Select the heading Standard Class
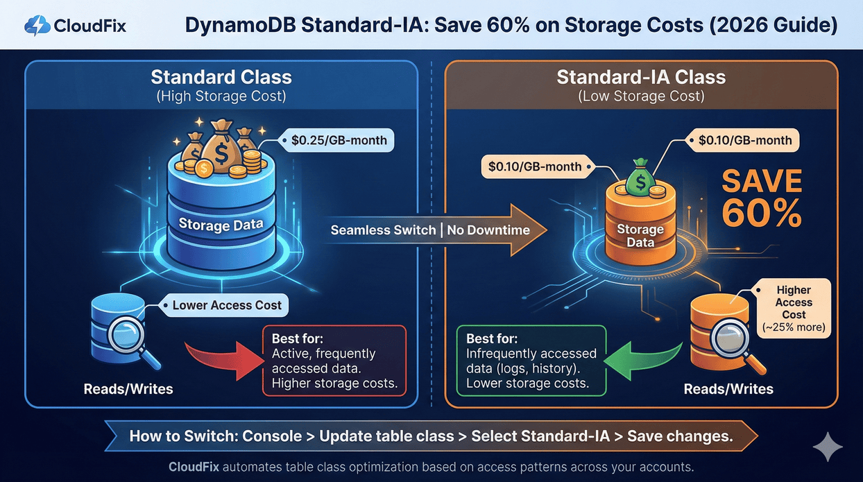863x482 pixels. pyautogui.click(x=221, y=76)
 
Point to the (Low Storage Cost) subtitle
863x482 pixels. pyautogui.click(x=641, y=96)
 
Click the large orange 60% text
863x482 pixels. pyautogui.click(x=762, y=214)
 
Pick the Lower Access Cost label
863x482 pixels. pyautogui.click(x=227, y=304)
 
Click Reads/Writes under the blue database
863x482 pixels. pyautogui.click(x=128, y=388)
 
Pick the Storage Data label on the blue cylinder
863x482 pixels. pyautogui.click(x=221, y=224)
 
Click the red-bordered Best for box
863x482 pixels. pyautogui.click(x=334, y=360)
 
